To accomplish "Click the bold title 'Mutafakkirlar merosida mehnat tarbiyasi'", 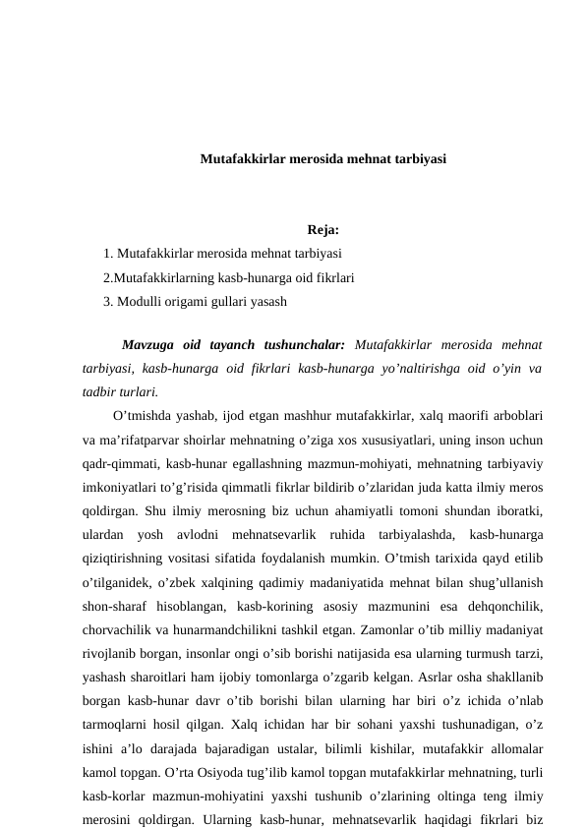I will tap(322, 157).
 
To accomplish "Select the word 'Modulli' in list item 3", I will tap(140, 300).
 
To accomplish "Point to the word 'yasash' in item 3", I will tap(267, 300).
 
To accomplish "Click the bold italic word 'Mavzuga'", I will tap(146, 345).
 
